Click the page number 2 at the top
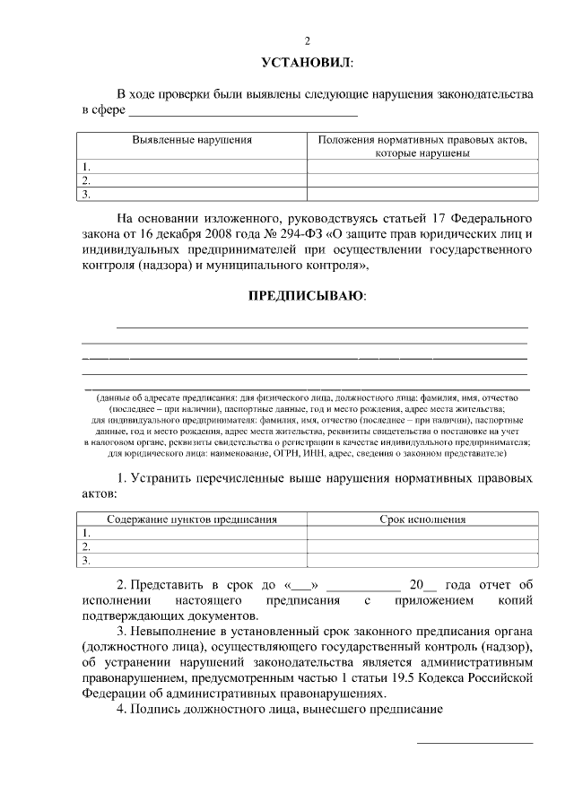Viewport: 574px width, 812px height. click(307, 40)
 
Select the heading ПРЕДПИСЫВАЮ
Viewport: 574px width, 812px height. click(307, 295)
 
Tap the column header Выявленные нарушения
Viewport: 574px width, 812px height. click(192, 141)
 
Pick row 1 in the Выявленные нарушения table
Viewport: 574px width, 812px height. click(192, 166)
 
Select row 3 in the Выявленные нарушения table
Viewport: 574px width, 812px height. click(192, 193)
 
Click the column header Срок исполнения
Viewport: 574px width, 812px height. click(422, 519)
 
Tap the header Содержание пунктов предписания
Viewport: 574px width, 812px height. click(192, 519)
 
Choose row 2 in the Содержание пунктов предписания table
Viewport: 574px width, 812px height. click(192, 546)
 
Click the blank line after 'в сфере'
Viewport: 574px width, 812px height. click(242, 114)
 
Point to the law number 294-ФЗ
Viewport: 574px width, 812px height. click(288, 234)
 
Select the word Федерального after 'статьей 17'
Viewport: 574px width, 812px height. click(491, 218)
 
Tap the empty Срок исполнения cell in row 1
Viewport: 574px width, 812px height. click(422, 532)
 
